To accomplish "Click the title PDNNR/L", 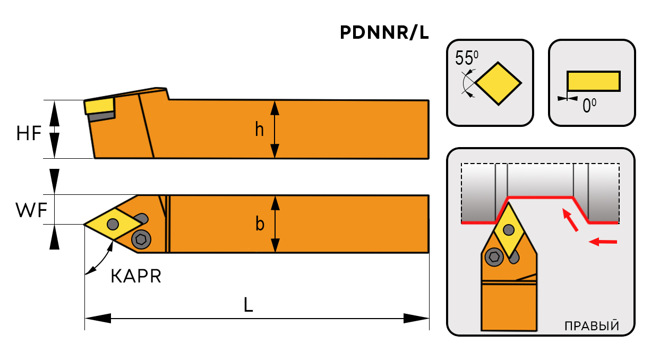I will point(384,33).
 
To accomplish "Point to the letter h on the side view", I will point(259,128).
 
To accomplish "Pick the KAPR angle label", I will point(136,276).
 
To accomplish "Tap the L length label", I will point(248,304).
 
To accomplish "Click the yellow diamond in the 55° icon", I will point(499,83).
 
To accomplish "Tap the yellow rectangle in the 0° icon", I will point(593,81).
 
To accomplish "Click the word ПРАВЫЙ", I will point(592,325).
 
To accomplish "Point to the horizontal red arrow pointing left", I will point(604,243).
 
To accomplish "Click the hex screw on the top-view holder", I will point(141,240).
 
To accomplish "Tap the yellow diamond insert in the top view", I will point(112,225).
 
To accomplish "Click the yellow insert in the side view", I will point(99,105).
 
